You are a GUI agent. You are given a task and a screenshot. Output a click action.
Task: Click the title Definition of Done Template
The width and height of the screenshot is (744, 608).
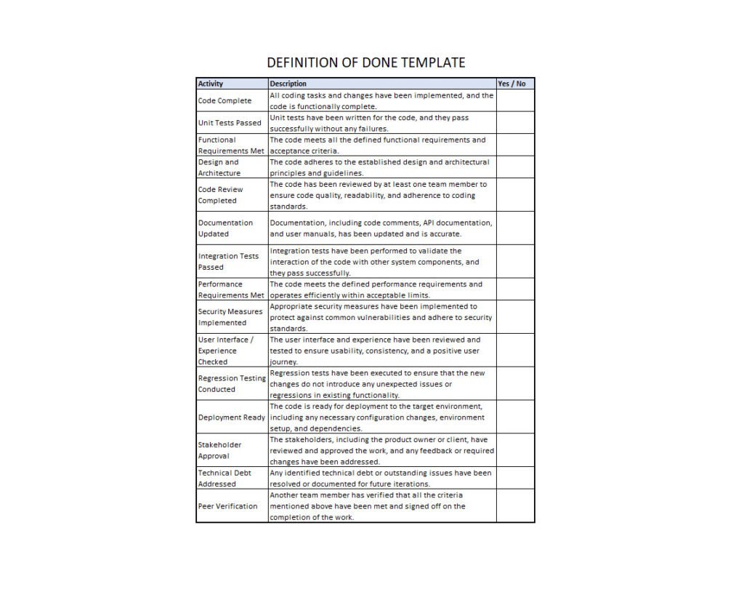366,63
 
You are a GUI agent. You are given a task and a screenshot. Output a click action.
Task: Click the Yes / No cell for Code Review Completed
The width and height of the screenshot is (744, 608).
516,195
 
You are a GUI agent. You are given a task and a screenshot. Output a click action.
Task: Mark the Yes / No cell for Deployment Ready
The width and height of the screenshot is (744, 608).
516,417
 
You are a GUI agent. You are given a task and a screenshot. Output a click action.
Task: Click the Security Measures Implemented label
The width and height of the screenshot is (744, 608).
230,317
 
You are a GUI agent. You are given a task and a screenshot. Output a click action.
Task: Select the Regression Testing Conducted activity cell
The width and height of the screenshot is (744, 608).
232,383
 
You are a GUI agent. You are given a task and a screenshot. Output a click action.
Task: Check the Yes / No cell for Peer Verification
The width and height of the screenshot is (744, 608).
516,506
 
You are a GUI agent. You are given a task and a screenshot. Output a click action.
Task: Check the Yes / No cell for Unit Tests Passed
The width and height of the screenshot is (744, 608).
516,123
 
